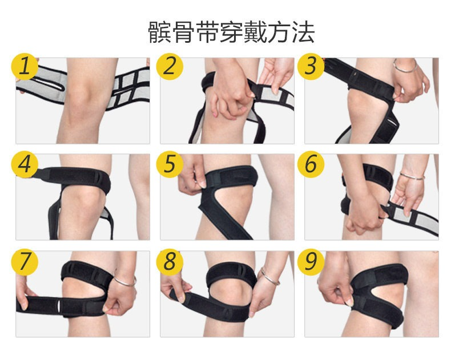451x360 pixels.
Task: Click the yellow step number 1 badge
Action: [25, 66]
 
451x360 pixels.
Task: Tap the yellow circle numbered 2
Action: [170, 66]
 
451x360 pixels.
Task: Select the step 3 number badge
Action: [311, 66]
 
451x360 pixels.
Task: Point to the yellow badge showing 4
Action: [25, 164]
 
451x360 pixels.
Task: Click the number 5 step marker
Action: [170, 164]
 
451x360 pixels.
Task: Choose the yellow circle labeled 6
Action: [311, 164]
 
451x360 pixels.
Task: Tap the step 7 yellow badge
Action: [25, 262]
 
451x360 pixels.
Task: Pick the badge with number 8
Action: [170, 262]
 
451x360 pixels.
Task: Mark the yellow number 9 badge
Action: [311, 262]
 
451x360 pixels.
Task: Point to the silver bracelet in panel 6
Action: [412, 176]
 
